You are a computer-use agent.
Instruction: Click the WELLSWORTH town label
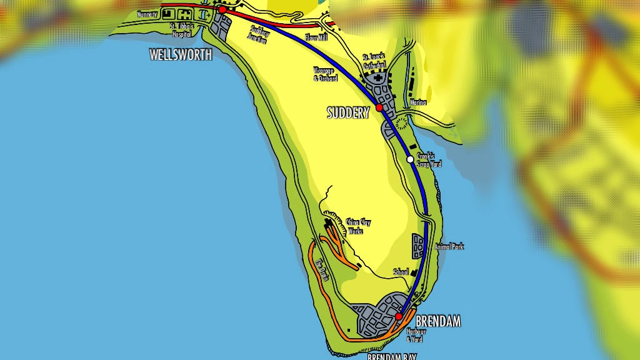181,55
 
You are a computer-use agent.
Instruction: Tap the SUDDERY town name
348,112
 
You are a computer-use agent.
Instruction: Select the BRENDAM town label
437,322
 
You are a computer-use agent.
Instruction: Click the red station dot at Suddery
379,107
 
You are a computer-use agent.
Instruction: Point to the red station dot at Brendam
399,317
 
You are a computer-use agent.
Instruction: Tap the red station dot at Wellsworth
222,10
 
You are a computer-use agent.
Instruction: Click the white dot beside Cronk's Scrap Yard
410,159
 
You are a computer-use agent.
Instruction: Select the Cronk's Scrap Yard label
429,160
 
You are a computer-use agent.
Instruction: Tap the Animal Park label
449,247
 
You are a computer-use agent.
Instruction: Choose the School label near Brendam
401,272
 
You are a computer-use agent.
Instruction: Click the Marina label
418,102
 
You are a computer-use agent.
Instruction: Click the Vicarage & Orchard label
325,75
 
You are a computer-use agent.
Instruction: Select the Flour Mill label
316,38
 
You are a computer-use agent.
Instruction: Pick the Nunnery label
147,14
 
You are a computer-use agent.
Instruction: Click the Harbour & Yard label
415,336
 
